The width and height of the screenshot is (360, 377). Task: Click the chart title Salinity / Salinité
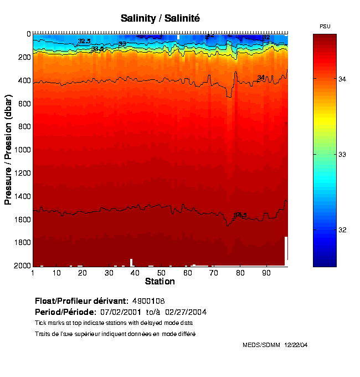click(160, 18)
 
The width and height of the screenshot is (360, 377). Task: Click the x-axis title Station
click(160, 282)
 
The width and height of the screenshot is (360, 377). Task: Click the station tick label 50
click(161, 273)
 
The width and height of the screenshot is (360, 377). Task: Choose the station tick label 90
click(266, 273)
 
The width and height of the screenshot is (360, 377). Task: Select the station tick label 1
click(33, 273)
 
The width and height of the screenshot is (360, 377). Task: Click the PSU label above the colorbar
click(325, 27)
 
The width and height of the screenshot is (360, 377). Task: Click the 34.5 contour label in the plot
click(240, 215)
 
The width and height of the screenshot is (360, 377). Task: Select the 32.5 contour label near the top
click(84, 41)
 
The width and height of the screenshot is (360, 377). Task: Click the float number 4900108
click(148, 301)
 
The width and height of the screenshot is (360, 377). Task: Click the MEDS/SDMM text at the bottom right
click(261, 345)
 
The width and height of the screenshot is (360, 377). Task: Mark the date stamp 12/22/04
click(296, 345)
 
